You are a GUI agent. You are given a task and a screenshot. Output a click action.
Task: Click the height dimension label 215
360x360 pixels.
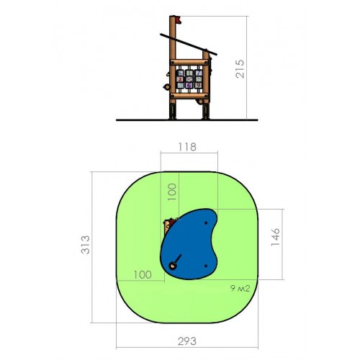pyautogui.click(x=240, y=69)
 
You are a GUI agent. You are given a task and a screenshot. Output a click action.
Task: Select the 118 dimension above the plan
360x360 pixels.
pyautogui.click(x=187, y=147)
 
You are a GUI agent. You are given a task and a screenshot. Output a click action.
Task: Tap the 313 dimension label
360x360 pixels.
pyautogui.click(x=86, y=245)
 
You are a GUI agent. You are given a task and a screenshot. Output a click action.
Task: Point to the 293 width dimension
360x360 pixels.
pyautogui.click(x=187, y=341)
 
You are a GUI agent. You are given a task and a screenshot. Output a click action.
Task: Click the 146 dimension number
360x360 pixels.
pyautogui.click(x=275, y=237)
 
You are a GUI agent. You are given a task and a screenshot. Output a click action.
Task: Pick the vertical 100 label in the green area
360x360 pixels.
pyautogui.click(x=172, y=192)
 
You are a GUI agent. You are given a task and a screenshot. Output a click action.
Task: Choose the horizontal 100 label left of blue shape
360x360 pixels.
pyautogui.click(x=143, y=275)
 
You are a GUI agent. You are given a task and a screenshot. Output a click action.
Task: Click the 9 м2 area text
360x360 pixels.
pyautogui.click(x=240, y=288)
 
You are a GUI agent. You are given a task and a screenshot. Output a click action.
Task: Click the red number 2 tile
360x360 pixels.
pyautogui.click(x=180, y=79)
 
